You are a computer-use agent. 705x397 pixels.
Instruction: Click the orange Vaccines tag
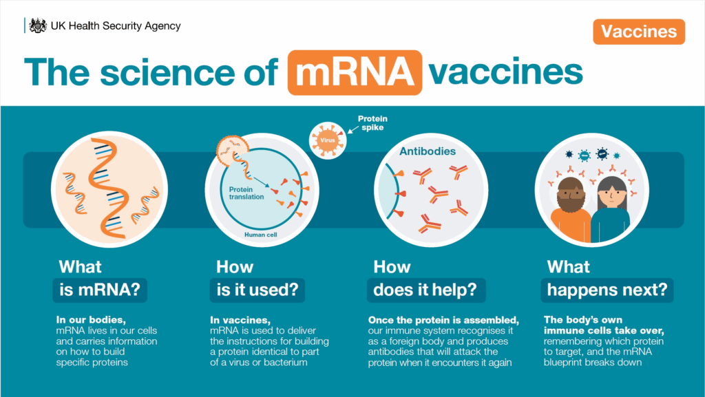[x=639, y=32]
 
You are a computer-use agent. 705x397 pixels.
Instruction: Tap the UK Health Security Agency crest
[x=38, y=25]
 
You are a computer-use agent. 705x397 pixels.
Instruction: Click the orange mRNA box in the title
[x=355, y=72]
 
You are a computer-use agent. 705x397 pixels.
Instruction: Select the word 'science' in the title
[x=167, y=72]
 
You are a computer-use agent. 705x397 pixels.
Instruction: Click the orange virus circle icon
[x=328, y=140]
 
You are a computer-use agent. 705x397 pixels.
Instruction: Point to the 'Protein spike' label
[x=372, y=123]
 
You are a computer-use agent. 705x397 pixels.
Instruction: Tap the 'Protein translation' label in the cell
[x=246, y=193]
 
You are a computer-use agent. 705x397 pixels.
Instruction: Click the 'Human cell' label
[x=261, y=235]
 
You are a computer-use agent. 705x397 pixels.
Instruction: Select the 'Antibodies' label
[x=428, y=151]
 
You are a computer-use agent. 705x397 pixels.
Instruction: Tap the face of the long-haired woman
[x=612, y=194]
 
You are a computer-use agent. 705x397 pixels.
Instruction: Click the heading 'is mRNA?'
[x=100, y=290]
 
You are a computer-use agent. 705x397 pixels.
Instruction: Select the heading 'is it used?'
[x=257, y=290]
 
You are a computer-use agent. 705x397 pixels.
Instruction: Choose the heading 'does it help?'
[x=425, y=290]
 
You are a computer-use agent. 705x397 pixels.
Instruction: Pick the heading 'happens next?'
[x=607, y=290]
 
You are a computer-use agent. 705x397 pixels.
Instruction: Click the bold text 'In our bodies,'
[x=92, y=320]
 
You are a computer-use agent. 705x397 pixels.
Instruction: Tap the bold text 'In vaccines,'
[x=240, y=320]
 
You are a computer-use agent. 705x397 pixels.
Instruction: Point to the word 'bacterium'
[x=286, y=363]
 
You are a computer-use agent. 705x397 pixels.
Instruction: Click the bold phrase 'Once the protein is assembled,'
[x=444, y=320]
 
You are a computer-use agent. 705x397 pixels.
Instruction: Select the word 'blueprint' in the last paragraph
[x=563, y=363]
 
